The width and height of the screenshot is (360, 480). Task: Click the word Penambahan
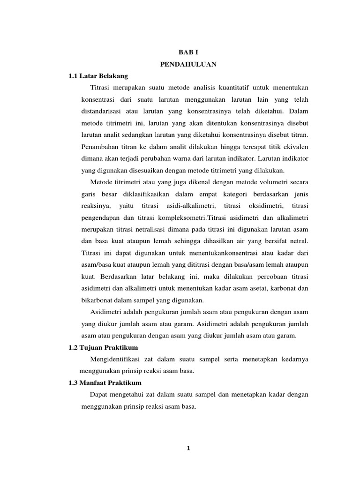pos(100,147)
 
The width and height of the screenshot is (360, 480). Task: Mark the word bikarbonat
pos(98,300)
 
